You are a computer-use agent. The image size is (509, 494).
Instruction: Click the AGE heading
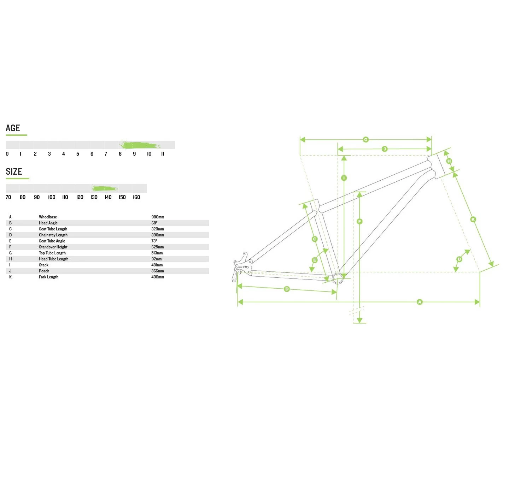pyautogui.click(x=13, y=128)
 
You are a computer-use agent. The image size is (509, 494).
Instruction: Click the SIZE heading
pyautogui.click(x=14, y=171)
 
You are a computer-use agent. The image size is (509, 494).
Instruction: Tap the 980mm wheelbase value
pyautogui.click(x=158, y=217)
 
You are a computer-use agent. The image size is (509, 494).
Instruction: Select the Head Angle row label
pyautogui.click(x=48, y=223)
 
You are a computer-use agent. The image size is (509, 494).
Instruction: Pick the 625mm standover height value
pyautogui.click(x=157, y=247)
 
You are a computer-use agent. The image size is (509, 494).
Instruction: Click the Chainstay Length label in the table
pyautogui.click(x=53, y=235)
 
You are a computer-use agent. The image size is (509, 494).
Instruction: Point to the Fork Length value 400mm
pyautogui.click(x=158, y=277)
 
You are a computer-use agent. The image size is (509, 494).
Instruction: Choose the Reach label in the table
pyautogui.click(x=44, y=271)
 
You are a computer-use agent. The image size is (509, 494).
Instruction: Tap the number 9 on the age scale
pyautogui.click(x=134, y=154)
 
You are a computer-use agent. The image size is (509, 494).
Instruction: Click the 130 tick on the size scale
pyautogui.click(x=94, y=197)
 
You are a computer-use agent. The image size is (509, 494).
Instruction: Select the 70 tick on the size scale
pyautogui.click(x=8, y=197)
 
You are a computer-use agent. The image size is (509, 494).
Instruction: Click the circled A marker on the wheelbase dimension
pyautogui.click(x=420, y=302)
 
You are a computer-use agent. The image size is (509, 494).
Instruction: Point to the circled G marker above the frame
pyautogui.click(x=366, y=140)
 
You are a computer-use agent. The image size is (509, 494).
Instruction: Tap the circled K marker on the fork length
pyautogui.click(x=473, y=219)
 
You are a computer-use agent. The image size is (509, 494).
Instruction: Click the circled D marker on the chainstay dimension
pyautogui.click(x=287, y=289)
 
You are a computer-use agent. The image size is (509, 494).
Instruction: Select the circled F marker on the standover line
pyautogui.click(x=360, y=222)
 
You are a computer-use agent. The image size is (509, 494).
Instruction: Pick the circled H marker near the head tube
pyautogui.click(x=449, y=161)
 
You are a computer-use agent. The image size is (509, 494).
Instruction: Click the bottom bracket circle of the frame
pyautogui.click(x=338, y=278)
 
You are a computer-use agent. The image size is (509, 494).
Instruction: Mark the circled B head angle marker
pyautogui.click(x=459, y=259)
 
